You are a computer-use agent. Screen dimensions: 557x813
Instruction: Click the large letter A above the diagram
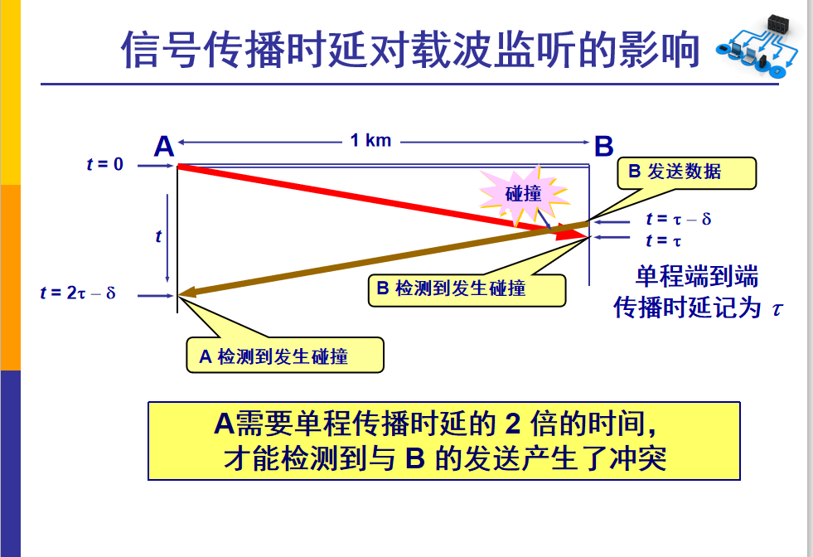(164, 147)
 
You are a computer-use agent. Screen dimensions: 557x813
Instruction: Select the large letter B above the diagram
(603, 147)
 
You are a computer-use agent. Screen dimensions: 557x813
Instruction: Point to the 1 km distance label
(370, 140)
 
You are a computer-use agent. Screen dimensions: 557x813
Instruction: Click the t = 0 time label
(104, 164)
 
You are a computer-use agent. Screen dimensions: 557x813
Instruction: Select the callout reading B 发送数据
(685, 172)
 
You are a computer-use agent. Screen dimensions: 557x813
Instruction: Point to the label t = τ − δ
(679, 220)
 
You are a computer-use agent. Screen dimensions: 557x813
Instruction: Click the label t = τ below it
(664, 240)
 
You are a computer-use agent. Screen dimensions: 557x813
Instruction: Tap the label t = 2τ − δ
(78, 293)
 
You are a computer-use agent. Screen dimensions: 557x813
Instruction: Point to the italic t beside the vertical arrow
(158, 236)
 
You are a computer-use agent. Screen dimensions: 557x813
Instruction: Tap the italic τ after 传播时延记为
(777, 308)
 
